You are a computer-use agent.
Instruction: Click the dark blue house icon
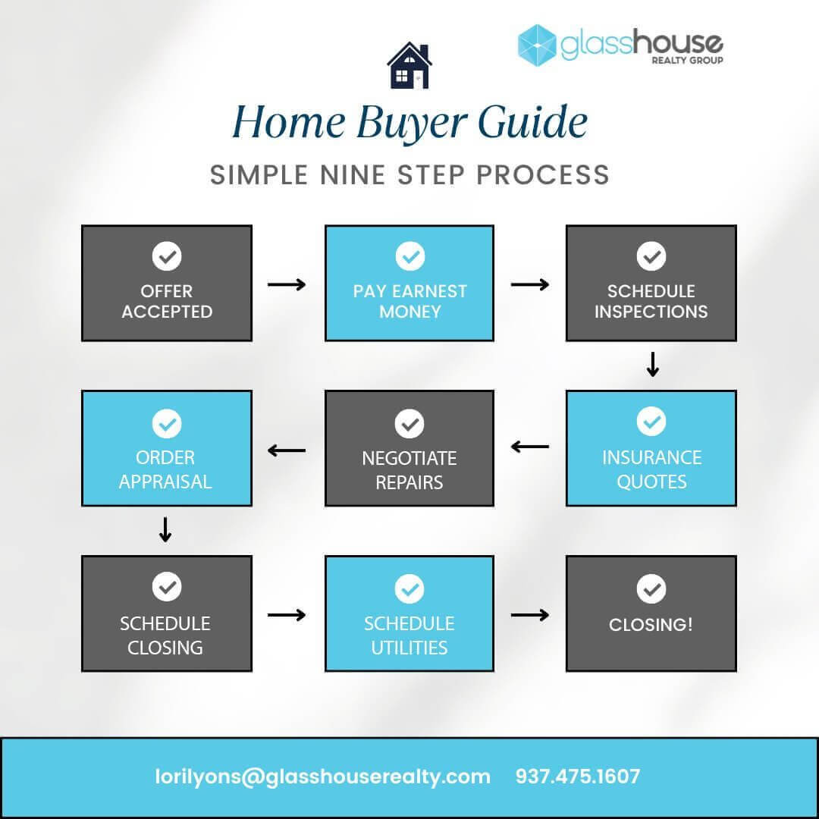409,65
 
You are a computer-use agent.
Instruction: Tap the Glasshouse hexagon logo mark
536,45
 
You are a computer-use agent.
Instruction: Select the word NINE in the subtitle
353,175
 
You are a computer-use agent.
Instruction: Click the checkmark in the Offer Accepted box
167,256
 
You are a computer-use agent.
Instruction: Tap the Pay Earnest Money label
410,301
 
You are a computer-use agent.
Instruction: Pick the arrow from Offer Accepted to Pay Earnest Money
287,284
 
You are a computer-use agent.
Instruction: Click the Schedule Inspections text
651,301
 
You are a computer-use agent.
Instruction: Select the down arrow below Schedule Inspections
652,364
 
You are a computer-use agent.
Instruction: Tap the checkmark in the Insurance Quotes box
651,421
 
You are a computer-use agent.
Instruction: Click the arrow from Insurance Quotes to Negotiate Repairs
529,447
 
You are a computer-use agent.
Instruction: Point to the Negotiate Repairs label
409,470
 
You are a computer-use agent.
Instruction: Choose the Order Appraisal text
165,469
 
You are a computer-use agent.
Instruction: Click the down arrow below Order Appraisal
165,529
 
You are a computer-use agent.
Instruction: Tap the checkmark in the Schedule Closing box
167,586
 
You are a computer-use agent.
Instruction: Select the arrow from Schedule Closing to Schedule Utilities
287,615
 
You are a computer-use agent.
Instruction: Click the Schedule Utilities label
409,635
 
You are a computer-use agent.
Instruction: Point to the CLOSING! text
651,625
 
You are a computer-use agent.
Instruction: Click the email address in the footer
323,777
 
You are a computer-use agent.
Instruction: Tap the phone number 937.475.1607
578,777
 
